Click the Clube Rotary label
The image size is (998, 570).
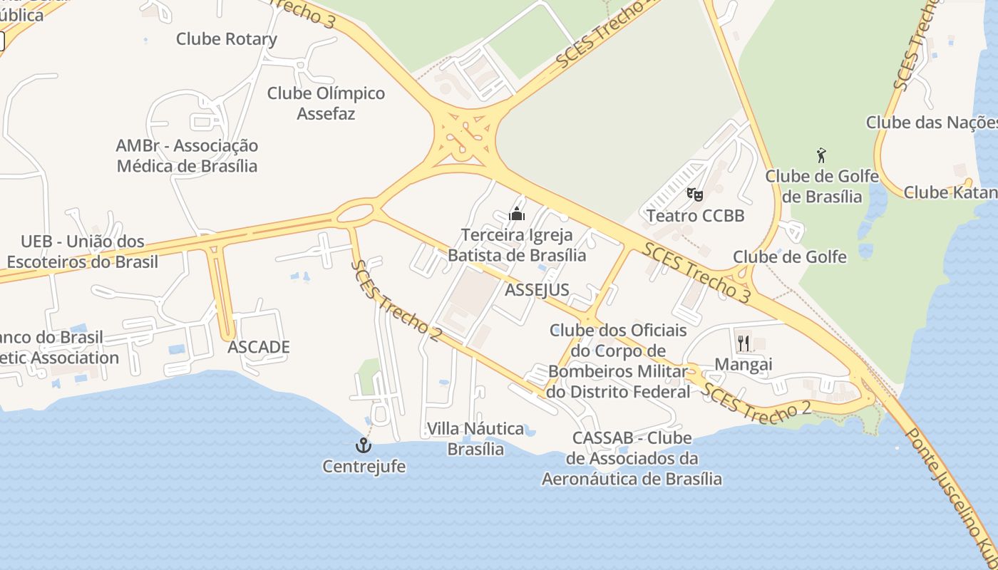point(226,38)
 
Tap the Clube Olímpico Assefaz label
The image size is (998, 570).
point(326,103)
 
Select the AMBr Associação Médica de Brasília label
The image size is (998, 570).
point(187,155)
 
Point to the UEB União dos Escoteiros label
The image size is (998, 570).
point(83,252)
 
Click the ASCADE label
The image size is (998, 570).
point(259,347)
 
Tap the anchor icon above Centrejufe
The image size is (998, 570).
point(364,446)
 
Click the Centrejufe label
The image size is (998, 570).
point(364,467)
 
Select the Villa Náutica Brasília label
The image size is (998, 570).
point(475,438)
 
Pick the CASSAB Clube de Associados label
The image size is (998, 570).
point(632,458)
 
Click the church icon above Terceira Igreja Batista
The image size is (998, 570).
point(516,214)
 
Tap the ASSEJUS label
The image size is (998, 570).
point(537,289)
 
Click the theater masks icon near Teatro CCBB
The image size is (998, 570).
point(694,194)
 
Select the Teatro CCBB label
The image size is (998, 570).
point(695,215)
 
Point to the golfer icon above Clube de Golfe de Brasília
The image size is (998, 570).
point(821,155)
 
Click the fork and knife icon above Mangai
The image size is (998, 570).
point(743,343)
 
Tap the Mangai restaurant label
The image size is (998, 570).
point(743,365)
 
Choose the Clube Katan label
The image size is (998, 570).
point(950,192)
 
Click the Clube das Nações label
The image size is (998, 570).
point(931,123)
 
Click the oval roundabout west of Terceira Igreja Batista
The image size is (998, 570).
point(354,212)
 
